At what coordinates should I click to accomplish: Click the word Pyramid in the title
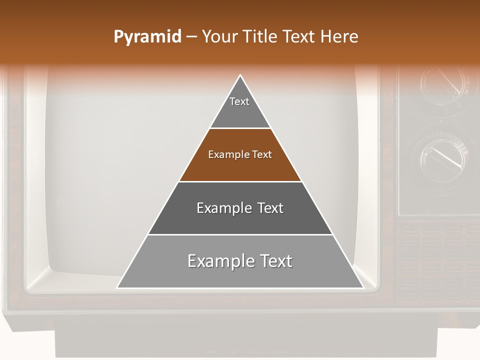147,37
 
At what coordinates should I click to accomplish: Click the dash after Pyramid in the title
191,37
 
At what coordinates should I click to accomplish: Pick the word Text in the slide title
300,36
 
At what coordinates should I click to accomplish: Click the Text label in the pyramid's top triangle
239,102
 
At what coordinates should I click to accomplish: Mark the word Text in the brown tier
262,155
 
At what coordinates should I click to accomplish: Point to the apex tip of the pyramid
240,76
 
